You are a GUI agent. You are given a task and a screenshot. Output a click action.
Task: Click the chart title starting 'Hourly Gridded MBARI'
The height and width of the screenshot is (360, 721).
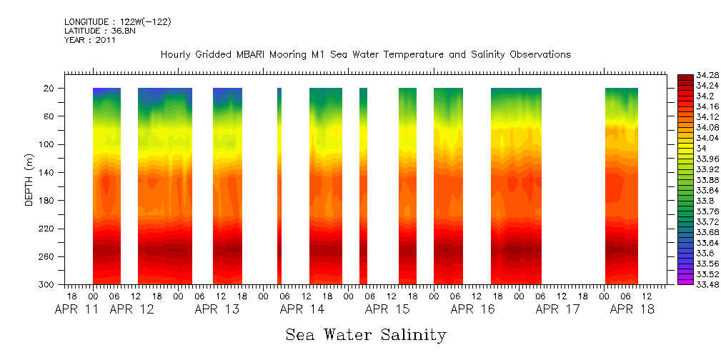click(366, 55)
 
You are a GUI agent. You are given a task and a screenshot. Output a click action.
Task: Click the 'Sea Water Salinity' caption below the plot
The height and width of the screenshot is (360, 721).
click(366, 334)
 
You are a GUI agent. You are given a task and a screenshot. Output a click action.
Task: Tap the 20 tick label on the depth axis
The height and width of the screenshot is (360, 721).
click(50, 89)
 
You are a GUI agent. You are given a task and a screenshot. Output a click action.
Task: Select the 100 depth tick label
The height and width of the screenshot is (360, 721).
click(48, 144)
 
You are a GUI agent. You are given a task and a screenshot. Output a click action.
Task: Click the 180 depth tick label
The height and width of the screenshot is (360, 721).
click(48, 201)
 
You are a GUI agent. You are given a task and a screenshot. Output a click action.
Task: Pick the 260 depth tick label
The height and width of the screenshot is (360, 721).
click(48, 256)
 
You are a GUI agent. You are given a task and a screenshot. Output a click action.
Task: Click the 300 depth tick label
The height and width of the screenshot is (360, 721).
click(48, 285)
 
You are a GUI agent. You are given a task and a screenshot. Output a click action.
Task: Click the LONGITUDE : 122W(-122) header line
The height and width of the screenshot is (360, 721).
click(117, 22)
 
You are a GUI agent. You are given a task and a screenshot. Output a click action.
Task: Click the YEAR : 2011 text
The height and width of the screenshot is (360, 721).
click(90, 40)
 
